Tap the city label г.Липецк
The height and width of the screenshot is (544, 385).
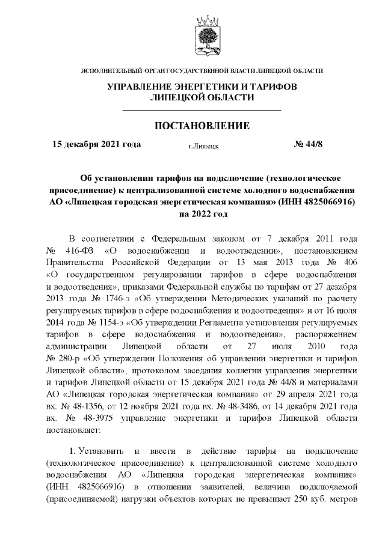(203, 145)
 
